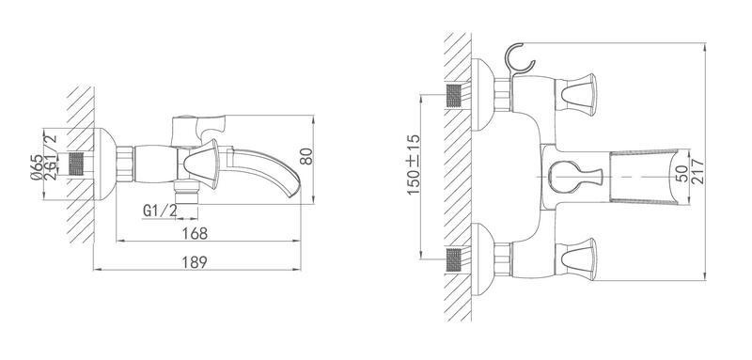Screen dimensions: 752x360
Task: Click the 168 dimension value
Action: tap(196, 233)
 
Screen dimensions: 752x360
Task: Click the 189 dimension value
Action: tap(195, 262)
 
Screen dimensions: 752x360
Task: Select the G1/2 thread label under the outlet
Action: tap(160, 211)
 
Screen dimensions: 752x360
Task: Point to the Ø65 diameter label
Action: tap(37, 167)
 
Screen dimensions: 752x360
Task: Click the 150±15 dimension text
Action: tap(414, 164)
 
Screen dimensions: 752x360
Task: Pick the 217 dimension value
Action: tap(697, 171)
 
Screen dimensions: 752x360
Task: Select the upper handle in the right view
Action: tap(576, 95)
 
